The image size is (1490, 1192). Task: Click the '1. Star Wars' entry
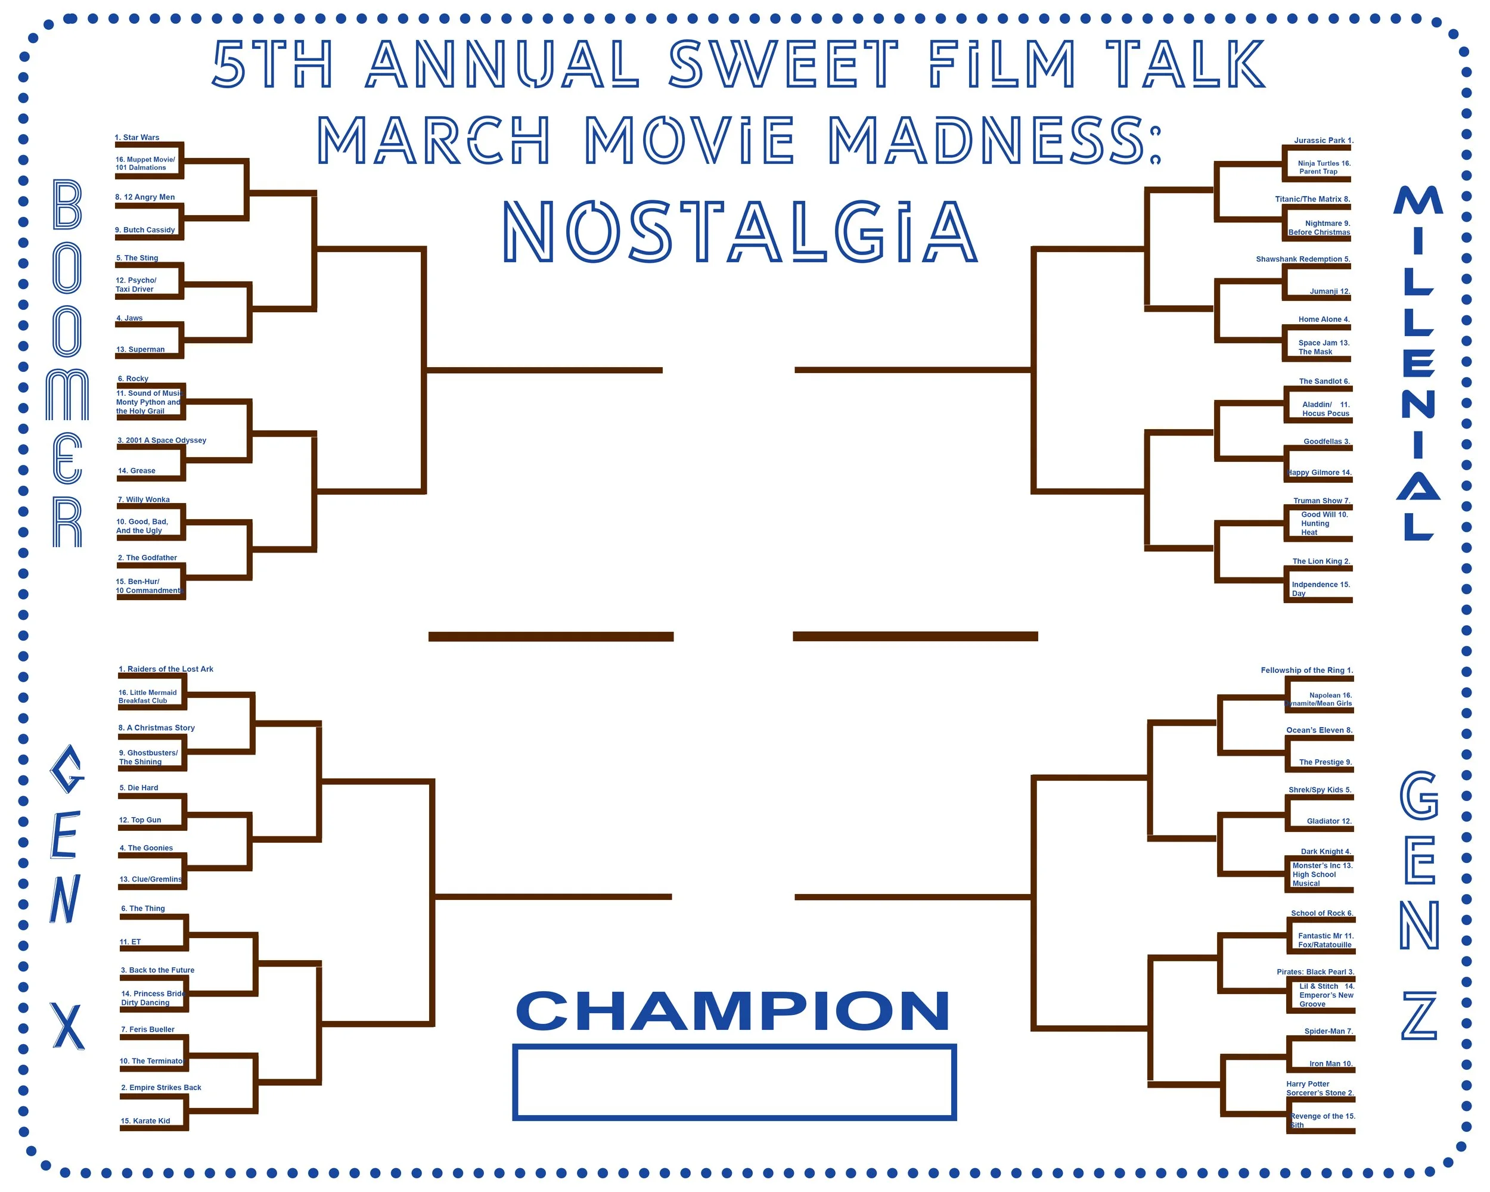point(137,138)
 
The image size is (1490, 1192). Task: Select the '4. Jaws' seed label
point(129,318)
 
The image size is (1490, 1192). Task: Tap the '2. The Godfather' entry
point(147,558)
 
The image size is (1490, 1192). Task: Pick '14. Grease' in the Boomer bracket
point(137,471)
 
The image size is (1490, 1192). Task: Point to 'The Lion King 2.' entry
point(1321,561)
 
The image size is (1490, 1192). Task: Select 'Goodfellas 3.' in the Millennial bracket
point(1326,442)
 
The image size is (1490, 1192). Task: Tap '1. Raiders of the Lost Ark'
point(166,669)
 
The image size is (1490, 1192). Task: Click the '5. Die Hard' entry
point(139,788)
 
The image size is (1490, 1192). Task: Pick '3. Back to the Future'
point(157,970)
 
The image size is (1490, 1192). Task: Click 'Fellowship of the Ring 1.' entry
point(1307,670)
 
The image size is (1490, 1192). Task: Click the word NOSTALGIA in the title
point(740,232)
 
